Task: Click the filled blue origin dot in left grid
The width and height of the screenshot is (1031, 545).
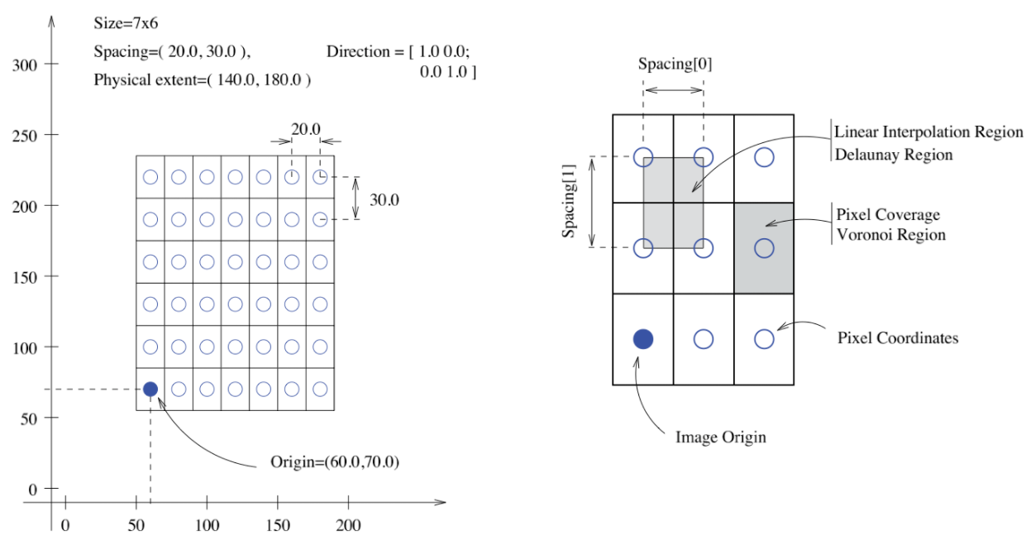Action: click(150, 389)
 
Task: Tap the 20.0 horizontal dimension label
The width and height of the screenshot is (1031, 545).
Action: click(305, 128)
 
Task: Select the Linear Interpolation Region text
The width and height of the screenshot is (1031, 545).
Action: click(928, 132)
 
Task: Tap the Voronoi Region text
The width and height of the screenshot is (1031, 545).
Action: click(890, 235)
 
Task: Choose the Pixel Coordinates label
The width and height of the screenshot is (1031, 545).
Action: click(896, 338)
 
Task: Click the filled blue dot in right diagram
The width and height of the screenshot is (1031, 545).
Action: click(642, 338)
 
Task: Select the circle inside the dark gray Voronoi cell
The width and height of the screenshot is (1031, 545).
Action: click(764, 247)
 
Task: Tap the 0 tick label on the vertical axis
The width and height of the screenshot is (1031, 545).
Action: click(33, 489)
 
